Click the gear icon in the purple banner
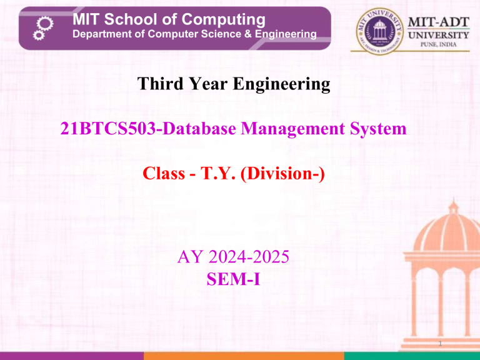[39, 28]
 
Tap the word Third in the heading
[156, 84]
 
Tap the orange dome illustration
[437, 250]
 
